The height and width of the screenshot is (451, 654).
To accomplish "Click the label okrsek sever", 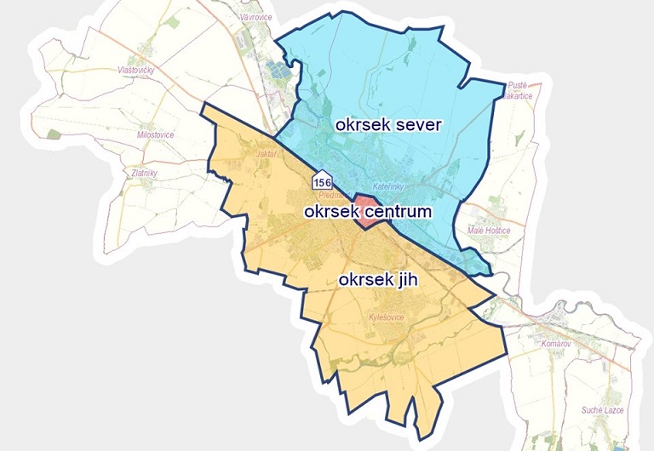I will (387, 126).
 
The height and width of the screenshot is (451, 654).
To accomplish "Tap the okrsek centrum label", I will (369, 210).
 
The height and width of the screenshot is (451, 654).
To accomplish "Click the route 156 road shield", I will (322, 182).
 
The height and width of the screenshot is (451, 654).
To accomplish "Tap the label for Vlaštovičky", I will (137, 71).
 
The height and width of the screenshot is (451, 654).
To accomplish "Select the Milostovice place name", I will (156, 134).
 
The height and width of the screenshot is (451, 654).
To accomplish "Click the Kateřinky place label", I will (388, 186).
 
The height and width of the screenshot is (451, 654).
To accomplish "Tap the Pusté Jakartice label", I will (519, 91).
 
